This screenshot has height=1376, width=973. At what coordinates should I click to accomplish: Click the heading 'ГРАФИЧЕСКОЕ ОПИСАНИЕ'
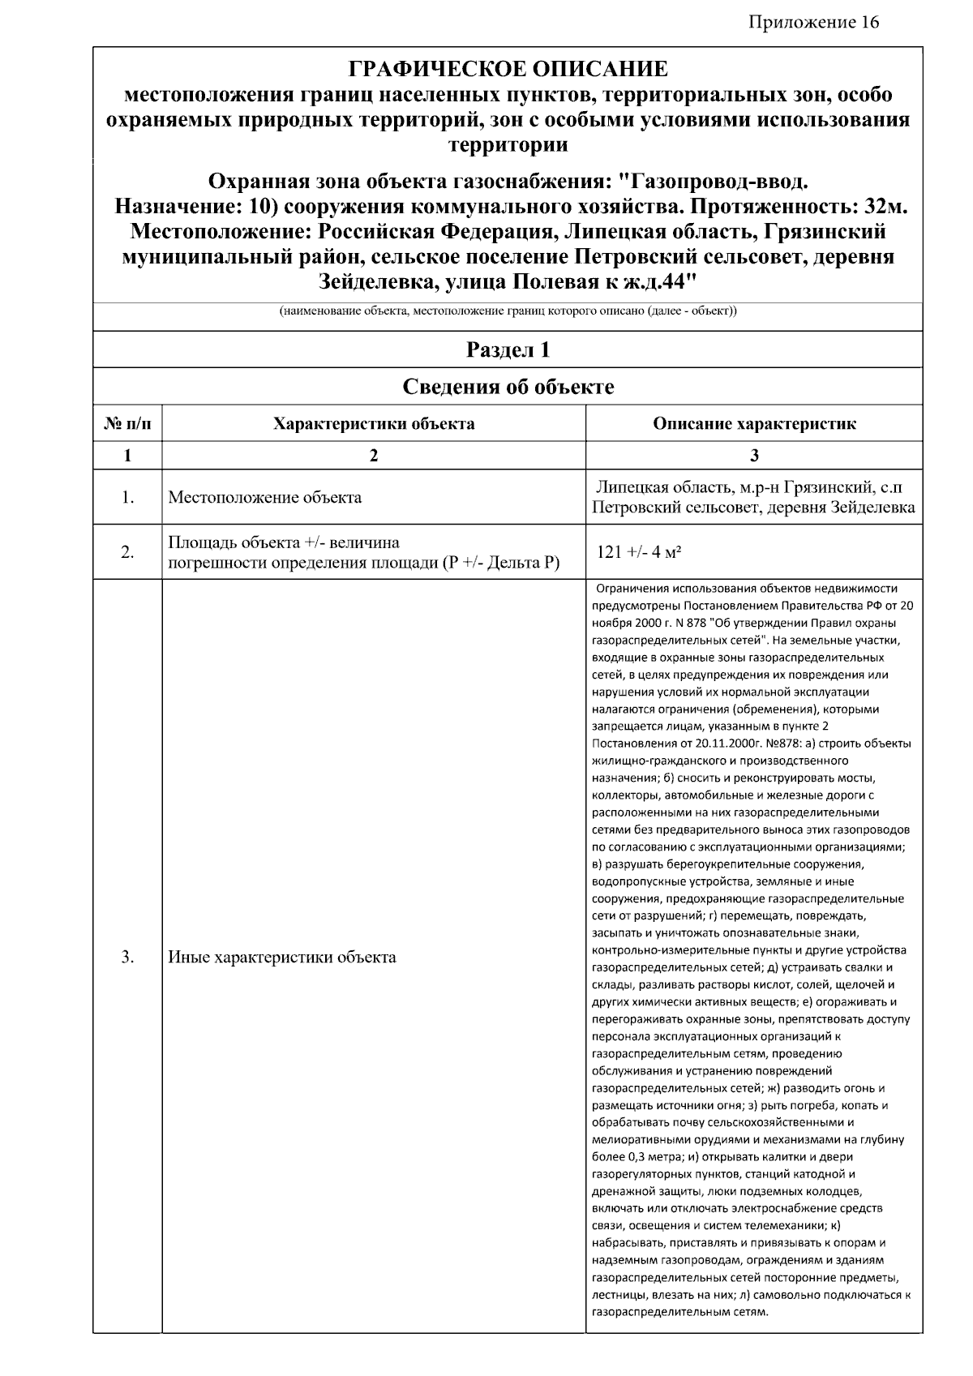point(508,68)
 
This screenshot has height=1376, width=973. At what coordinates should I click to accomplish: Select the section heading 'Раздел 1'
point(508,349)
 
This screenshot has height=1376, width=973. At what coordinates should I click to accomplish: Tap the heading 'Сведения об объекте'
point(508,387)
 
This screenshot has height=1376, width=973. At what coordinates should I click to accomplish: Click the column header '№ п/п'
point(127,423)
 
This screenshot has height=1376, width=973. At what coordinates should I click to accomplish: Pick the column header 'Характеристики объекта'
point(374,423)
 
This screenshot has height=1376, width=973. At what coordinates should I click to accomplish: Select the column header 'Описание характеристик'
point(754,423)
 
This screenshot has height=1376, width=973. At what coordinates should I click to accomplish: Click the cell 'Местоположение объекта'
point(264,497)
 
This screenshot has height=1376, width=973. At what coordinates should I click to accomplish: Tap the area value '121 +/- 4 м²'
point(638,552)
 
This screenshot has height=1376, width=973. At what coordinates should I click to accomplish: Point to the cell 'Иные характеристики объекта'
point(281,957)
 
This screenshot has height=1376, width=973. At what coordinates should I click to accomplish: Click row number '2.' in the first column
point(127,552)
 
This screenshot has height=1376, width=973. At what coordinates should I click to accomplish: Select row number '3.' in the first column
point(127,957)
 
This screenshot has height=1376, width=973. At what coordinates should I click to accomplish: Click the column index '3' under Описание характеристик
point(754,456)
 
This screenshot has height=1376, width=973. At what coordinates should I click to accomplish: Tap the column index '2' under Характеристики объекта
point(374,456)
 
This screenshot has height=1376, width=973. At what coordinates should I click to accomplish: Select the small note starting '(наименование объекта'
point(508,311)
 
